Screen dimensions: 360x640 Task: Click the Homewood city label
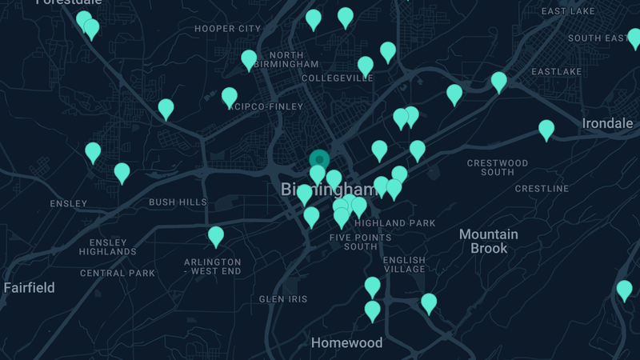[x=346, y=343]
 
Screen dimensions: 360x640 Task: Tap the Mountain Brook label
[x=488, y=241]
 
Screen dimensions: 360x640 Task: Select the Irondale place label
[x=607, y=123]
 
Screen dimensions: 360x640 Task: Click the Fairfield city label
[x=29, y=287]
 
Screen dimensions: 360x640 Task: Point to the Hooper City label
[x=227, y=29]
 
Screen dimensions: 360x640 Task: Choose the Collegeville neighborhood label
[x=337, y=78]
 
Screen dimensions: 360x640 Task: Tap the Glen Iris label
[x=283, y=299]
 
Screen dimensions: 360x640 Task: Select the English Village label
[x=404, y=265]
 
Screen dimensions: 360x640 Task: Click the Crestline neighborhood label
[x=542, y=189]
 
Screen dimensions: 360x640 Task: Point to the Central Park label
[x=118, y=273]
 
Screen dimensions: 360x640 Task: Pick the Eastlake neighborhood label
[x=556, y=71]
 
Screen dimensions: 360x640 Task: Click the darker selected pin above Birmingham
[x=319, y=160]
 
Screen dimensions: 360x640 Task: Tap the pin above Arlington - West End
[x=216, y=236]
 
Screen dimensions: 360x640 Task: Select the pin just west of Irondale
[x=546, y=129]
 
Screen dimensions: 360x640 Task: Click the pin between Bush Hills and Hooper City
[x=166, y=108]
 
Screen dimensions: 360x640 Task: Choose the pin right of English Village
[x=429, y=302]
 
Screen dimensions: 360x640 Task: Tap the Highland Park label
[x=394, y=223]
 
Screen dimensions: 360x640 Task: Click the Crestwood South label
[x=498, y=167]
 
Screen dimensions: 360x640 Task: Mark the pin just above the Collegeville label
[x=366, y=66]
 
